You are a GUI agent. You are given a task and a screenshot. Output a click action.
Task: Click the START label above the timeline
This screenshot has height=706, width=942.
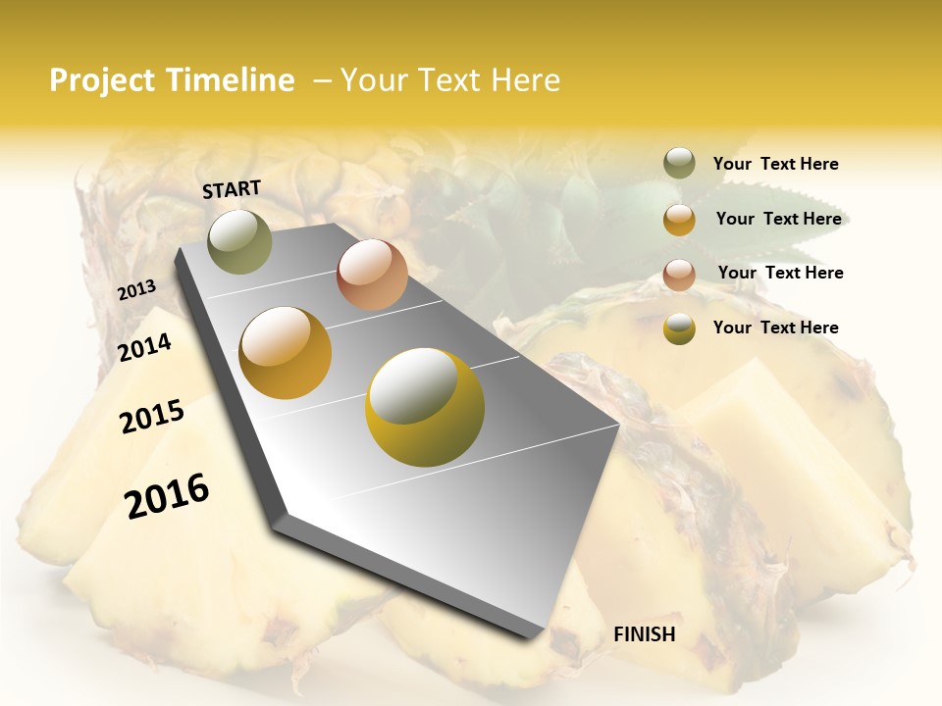click(x=232, y=189)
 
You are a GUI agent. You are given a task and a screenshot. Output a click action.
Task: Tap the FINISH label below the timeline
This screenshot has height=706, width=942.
click(x=645, y=634)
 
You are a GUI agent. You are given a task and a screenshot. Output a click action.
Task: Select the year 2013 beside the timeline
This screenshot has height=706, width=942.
click(x=136, y=290)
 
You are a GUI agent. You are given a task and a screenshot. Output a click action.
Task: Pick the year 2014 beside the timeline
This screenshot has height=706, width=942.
click(x=144, y=347)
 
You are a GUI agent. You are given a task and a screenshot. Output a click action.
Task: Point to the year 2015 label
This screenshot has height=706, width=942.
click(x=152, y=417)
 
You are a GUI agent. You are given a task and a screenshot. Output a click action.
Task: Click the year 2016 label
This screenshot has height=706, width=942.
click(x=167, y=496)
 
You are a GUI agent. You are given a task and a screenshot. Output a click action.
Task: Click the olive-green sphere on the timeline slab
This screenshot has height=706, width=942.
click(x=239, y=242)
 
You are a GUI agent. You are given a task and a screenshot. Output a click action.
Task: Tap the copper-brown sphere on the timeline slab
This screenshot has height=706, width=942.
click(x=372, y=275)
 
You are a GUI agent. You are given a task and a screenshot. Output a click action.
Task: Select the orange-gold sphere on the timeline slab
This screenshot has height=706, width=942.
click(x=285, y=353)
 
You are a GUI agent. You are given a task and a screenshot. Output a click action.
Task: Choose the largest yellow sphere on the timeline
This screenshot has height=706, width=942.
click(x=424, y=407)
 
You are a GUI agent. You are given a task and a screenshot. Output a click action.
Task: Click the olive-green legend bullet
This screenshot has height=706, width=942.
click(x=679, y=164)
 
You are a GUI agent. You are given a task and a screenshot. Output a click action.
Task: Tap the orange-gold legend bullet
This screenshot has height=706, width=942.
click(x=679, y=220)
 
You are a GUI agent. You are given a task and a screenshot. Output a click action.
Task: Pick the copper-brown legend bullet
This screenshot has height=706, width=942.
click(x=679, y=274)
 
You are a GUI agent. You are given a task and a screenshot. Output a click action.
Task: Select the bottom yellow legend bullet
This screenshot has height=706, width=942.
click(x=679, y=328)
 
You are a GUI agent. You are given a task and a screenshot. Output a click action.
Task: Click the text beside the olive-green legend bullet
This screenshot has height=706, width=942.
click(x=775, y=165)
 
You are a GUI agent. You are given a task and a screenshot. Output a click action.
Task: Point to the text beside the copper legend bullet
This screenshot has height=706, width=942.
click(x=780, y=273)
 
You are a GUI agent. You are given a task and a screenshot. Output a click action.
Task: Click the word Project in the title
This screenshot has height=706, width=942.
click(x=102, y=80)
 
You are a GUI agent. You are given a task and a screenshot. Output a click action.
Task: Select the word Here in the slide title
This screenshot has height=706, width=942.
click(x=525, y=80)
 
